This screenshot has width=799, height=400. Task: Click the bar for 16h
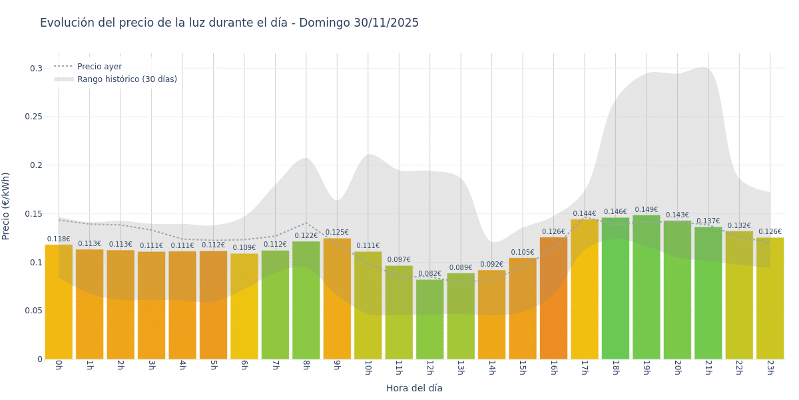click(553, 298)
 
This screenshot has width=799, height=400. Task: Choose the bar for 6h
click(244, 306)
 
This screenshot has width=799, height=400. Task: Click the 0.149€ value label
click(646, 210)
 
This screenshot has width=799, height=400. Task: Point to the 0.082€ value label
click(429, 274)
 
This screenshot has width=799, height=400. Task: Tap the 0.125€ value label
click(337, 233)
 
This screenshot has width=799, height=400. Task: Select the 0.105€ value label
click(523, 253)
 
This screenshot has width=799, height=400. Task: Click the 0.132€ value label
click(739, 226)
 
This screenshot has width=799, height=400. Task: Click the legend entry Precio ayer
click(99, 67)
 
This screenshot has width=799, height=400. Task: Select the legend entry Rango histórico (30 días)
click(127, 79)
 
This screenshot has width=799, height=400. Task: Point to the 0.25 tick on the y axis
click(33, 117)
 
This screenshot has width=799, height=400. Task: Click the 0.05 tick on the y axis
click(33, 311)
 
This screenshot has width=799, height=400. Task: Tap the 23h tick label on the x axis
click(770, 367)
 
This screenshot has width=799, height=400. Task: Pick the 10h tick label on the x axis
click(368, 367)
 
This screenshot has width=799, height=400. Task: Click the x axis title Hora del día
click(414, 388)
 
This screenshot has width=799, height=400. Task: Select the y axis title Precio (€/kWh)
click(6, 206)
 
